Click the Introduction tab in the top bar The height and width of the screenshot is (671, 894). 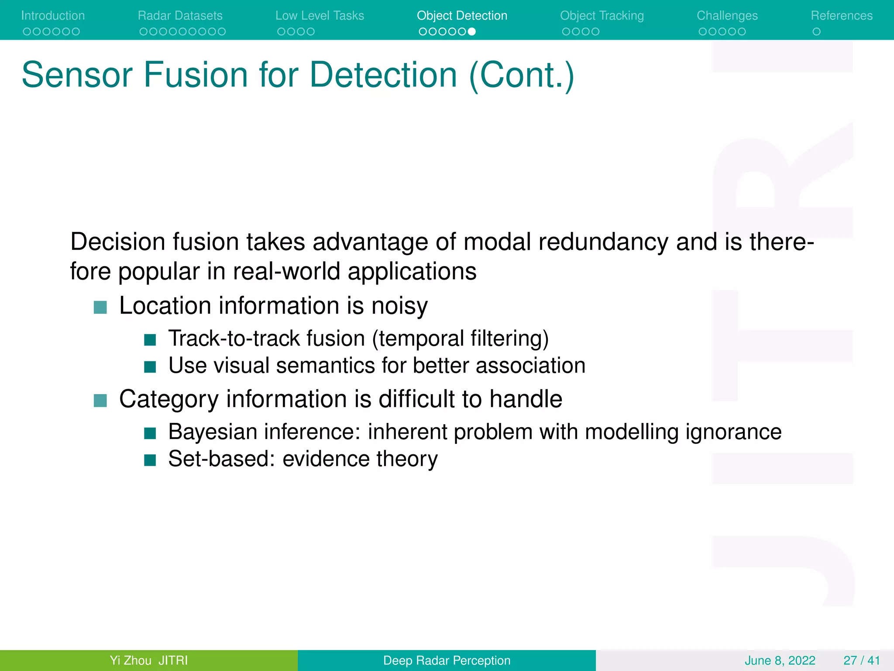click(53, 16)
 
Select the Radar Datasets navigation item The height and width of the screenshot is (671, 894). click(180, 16)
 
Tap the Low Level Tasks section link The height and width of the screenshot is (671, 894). click(320, 16)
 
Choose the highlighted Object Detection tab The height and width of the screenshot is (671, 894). click(462, 16)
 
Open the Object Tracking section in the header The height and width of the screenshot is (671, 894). click(602, 16)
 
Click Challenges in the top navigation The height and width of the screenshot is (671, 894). click(727, 16)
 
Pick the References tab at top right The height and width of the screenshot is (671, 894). click(842, 16)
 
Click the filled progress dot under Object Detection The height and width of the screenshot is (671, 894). click(471, 31)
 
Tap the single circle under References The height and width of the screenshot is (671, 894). click(816, 31)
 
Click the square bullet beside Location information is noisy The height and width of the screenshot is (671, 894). click(100, 307)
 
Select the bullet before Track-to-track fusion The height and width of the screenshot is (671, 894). click(150, 340)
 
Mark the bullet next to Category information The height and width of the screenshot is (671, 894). click(100, 400)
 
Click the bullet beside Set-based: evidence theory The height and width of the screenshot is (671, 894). click(150, 460)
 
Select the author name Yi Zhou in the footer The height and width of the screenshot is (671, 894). click(131, 660)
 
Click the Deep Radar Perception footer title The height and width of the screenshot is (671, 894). click(447, 660)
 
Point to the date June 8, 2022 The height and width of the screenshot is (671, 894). click(780, 660)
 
